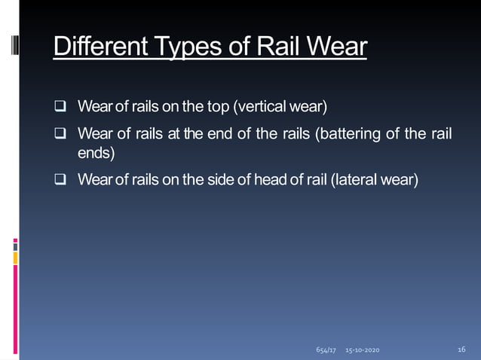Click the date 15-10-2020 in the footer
[x=363, y=352]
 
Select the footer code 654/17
[x=325, y=352]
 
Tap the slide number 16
[x=462, y=350]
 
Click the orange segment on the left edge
[x=15, y=258]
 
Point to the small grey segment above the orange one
[x=15, y=245]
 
